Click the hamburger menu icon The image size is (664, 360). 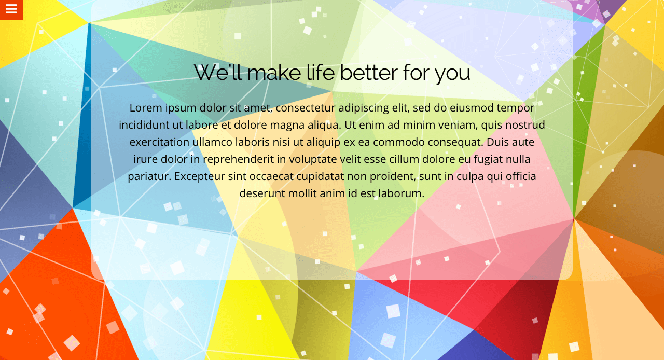point(11,9)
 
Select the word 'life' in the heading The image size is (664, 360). point(320,72)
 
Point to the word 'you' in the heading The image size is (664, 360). point(452,74)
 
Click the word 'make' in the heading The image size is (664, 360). point(274,72)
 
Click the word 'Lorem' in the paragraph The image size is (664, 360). point(146,108)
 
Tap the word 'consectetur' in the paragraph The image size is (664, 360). point(306,108)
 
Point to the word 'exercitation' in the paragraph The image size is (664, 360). point(159,142)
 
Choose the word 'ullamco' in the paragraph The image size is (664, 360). point(212,142)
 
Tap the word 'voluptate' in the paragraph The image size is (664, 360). point(313,160)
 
